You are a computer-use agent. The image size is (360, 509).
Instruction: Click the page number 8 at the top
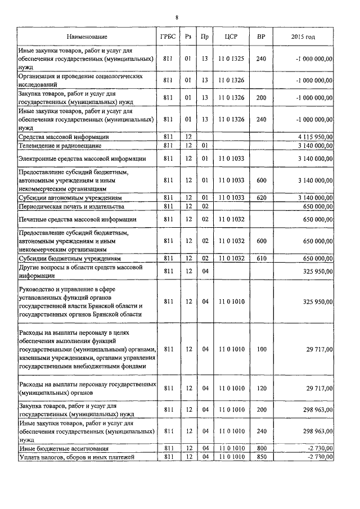[177, 17]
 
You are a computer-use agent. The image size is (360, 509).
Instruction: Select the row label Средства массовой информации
[64, 137]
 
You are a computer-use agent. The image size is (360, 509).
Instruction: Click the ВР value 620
[260, 198]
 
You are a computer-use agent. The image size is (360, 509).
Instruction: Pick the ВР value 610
[260, 258]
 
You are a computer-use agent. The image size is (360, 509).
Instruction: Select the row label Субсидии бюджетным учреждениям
[69, 258]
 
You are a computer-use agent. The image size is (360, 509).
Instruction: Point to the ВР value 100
[260, 349]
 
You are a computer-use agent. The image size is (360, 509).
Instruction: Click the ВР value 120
[260, 388]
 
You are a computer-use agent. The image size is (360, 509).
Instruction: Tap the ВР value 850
[260, 457]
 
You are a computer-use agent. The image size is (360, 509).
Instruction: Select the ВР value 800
[260, 449]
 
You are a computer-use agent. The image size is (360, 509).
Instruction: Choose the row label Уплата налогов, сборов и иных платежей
[79, 457]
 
